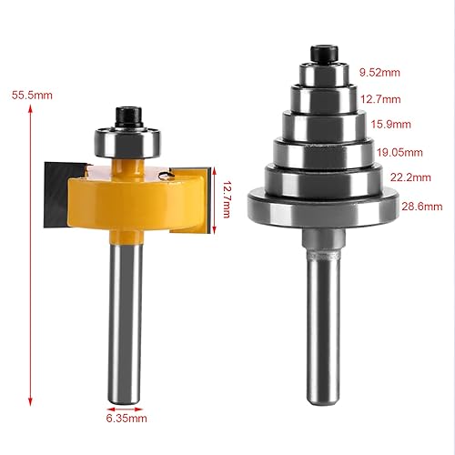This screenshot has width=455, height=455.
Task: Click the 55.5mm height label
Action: tap(32, 96)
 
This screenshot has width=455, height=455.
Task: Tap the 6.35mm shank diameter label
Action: tap(126, 419)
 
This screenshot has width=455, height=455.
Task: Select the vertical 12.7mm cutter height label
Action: tap(227, 199)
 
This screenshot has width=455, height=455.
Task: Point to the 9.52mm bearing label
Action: tap(379, 72)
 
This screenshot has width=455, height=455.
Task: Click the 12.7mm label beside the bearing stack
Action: tap(380, 99)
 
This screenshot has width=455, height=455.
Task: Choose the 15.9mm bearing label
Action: tap(391, 125)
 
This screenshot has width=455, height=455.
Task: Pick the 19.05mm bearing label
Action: tap(399, 152)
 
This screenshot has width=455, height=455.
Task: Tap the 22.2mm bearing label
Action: tap(410, 177)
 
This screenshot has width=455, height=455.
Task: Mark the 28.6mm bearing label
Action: tap(422, 207)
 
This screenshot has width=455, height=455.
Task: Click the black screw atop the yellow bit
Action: tap(129, 116)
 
